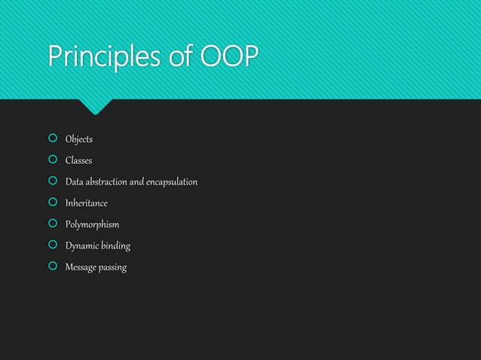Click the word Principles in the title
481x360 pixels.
tap(101, 56)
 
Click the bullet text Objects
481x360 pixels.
tap(78, 139)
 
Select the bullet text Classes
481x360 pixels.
tap(78, 160)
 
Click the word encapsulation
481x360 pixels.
tap(170, 182)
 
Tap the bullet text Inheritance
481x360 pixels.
tap(86, 203)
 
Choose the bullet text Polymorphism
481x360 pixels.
tap(92, 224)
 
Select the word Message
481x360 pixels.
tap(82, 267)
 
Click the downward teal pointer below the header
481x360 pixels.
tap(96, 106)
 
